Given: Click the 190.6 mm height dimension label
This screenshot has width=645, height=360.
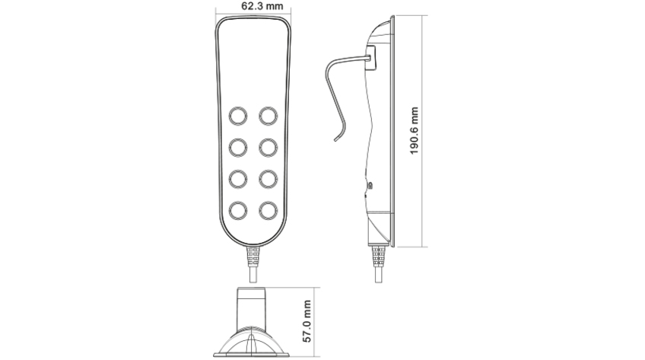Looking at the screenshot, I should (415, 130).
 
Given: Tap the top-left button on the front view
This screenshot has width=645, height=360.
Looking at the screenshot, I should (238, 115).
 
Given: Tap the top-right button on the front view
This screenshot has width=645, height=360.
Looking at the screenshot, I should (268, 115).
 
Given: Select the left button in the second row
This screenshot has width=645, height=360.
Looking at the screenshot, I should (238, 145).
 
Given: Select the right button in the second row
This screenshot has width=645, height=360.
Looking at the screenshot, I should (268, 145).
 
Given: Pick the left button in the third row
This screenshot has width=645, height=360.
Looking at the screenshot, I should (238, 177).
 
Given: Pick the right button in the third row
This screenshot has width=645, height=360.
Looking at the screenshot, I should (268, 177).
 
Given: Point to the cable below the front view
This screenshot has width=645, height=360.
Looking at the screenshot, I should (253, 263).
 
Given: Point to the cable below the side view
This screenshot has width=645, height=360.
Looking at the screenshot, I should (378, 263).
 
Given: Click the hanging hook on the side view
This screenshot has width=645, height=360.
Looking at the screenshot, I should (335, 99).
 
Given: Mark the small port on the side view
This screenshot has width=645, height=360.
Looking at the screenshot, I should (370, 185).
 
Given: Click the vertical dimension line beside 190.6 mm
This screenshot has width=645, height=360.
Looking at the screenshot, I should (424, 130).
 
